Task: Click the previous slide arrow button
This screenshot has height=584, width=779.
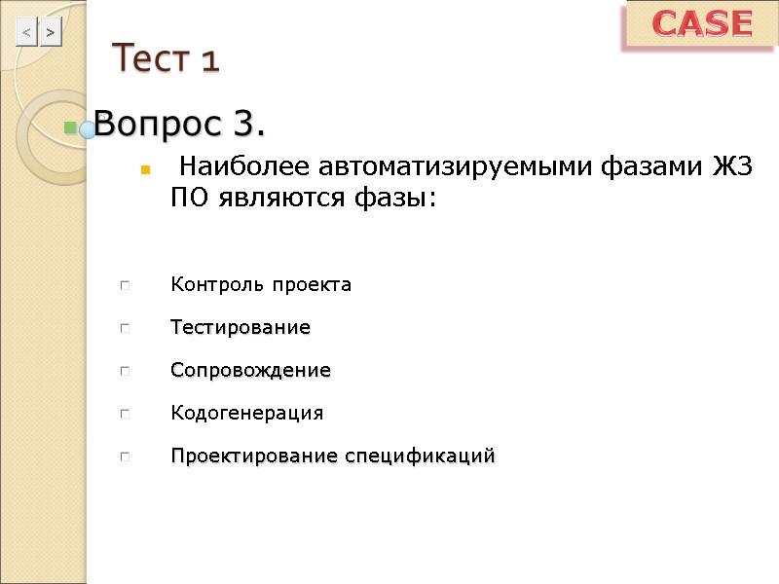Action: [26, 33]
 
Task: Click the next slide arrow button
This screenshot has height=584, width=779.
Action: [51, 33]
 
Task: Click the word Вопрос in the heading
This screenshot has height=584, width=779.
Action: [159, 125]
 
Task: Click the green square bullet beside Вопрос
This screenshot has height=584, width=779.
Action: [70, 128]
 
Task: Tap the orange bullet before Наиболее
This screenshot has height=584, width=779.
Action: [144, 170]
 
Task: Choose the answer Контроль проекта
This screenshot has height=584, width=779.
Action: [261, 285]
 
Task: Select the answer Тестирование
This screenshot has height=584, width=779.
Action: [241, 328]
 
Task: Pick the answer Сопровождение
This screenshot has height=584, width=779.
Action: [250, 371]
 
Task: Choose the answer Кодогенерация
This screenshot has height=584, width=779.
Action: [246, 414]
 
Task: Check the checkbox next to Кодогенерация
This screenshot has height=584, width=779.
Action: [125, 415]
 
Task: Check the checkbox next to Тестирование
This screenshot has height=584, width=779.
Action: [125, 329]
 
